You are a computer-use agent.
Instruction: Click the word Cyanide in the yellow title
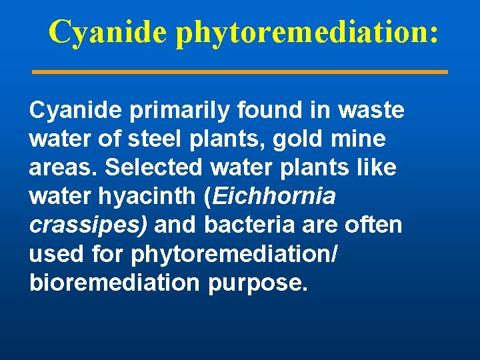tap(107, 32)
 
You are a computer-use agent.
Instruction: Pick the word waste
tap(370, 111)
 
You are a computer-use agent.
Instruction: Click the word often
tap(374, 225)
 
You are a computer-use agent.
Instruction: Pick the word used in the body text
tap(53, 254)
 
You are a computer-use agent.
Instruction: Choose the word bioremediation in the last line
tap(114, 283)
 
